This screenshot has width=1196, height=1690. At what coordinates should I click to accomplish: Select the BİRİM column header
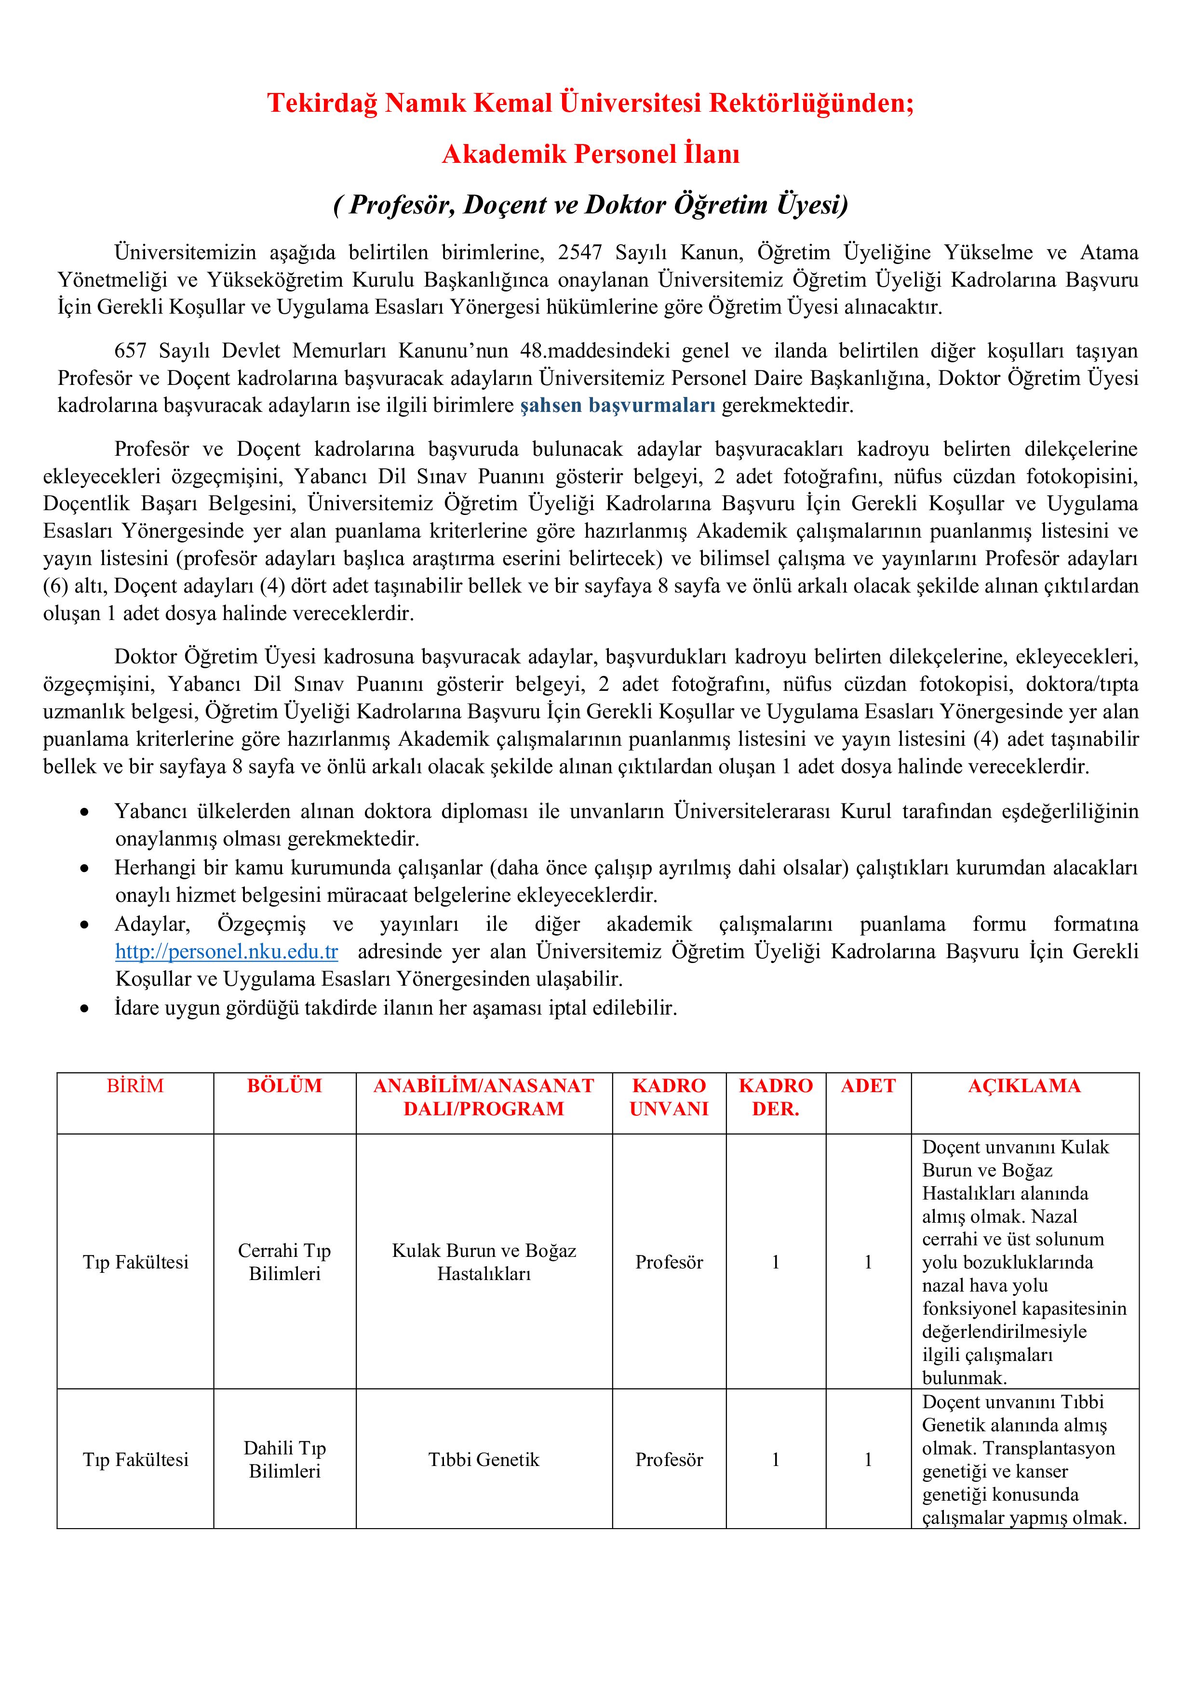tap(135, 1086)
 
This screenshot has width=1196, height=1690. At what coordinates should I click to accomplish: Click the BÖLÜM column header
tap(285, 1086)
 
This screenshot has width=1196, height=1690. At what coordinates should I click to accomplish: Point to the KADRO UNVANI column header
tap(669, 1097)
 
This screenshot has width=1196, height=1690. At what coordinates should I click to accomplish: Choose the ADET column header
tap(868, 1086)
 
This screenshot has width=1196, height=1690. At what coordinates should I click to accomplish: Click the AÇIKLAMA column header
tap(1024, 1086)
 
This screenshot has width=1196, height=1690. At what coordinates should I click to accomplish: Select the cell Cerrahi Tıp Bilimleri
tap(285, 1262)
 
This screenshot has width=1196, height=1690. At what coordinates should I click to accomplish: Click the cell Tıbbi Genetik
tap(484, 1460)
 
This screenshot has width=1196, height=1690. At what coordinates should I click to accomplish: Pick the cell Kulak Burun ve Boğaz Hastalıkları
tap(484, 1262)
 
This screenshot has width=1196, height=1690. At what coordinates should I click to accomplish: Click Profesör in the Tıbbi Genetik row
tap(669, 1460)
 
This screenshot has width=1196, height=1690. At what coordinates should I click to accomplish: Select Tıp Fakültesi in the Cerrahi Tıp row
tap(135, 1262)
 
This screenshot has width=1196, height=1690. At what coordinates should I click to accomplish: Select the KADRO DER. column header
tap(776, 1097)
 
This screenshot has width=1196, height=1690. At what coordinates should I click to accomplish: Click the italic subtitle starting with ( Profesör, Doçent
tap(591, 205)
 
